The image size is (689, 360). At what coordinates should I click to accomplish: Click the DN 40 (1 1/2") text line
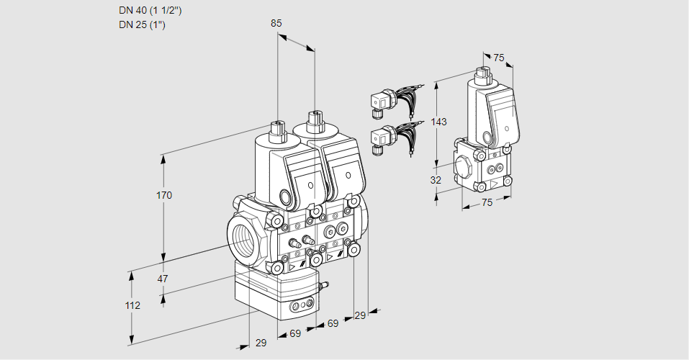[x=150, y=11]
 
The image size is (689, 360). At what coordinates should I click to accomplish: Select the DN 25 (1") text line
[x=143, y=25]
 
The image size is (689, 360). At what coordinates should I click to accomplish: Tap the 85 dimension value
[x=276, y=23]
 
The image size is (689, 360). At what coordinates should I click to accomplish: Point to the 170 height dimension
[x=165, y=195]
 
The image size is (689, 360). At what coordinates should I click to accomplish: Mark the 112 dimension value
[x=132, y=305]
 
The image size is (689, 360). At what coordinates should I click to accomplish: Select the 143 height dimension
[x=438, y=122]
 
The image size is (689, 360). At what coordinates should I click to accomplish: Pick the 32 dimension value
[x=436, y=180]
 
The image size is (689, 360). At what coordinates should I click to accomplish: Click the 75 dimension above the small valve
[x=498, y=58]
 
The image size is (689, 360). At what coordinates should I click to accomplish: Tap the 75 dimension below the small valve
[x=487, y=202]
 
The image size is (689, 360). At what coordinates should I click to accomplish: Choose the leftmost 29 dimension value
[x=260, y=343]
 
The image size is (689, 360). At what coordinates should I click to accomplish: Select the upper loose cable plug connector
[x=379, y=102]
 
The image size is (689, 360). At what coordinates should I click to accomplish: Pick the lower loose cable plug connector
[x=379, y=139]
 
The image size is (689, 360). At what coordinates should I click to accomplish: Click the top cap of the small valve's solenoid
[x=482, y=72]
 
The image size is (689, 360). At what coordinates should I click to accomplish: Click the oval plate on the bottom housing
[x=302, y=307]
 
